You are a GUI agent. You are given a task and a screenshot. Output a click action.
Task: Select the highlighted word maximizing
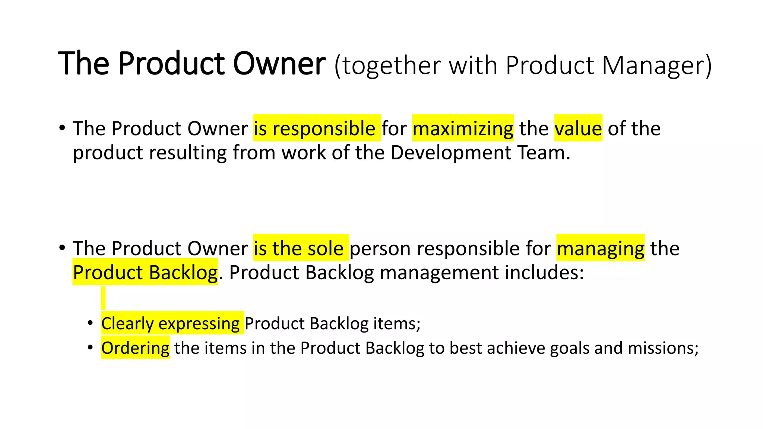tap(463, 128)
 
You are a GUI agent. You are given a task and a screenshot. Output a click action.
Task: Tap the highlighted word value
tap(578, 128)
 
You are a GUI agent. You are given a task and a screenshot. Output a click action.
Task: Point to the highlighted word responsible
tap(324, 128)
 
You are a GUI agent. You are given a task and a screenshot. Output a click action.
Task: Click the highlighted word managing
tap(601, 248)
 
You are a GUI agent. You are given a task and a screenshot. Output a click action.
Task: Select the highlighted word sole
tap(325, 248)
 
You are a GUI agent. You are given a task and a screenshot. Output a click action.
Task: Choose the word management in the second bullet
tap(439, 273)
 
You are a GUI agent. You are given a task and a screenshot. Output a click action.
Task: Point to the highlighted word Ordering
tap(135, 348)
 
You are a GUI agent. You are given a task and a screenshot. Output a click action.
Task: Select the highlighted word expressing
tap(199, 323)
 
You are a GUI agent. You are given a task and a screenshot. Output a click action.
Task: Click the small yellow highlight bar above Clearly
tap(103, 298)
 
